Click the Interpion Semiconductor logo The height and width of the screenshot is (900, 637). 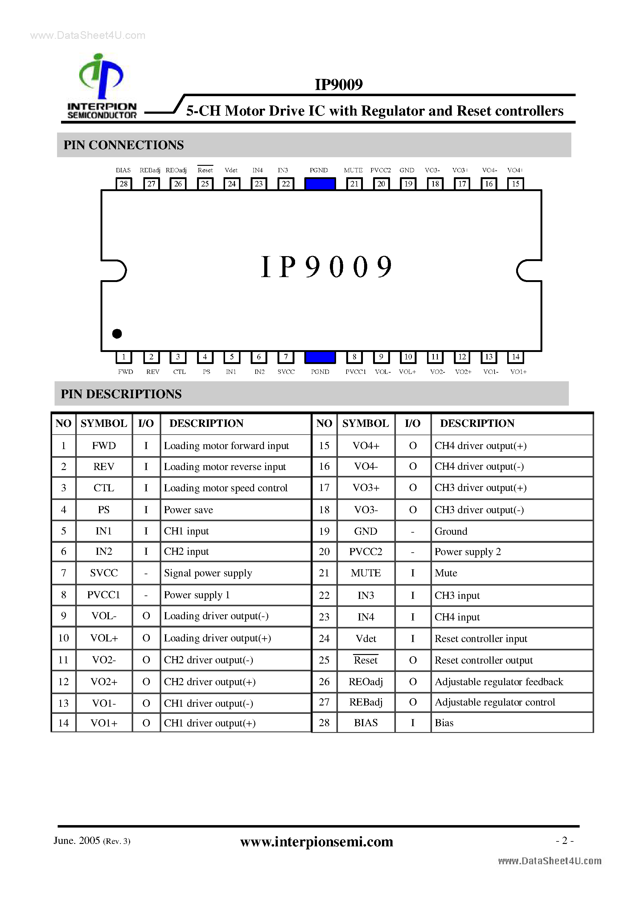101,86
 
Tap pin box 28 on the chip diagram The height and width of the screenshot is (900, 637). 124,183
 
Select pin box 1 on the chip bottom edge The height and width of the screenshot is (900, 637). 124,357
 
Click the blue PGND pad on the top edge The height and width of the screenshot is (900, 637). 320,184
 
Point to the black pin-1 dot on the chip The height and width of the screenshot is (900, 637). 117,333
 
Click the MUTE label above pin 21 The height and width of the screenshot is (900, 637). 353,170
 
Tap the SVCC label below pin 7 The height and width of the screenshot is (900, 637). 286,372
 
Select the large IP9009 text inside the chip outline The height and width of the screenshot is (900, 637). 326,267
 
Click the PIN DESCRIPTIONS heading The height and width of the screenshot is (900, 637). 121,394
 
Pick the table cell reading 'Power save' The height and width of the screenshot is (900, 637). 188,509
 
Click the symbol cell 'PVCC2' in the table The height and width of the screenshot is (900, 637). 366,551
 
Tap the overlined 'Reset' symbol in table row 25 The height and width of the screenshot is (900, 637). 366,660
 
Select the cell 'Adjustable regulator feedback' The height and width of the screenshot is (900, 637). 499,682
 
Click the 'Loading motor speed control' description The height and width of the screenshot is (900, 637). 225,488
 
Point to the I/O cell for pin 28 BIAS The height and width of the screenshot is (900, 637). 413,722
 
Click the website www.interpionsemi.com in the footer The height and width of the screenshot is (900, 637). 317,841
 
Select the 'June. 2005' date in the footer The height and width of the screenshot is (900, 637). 77,841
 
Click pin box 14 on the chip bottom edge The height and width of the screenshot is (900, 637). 516,357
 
